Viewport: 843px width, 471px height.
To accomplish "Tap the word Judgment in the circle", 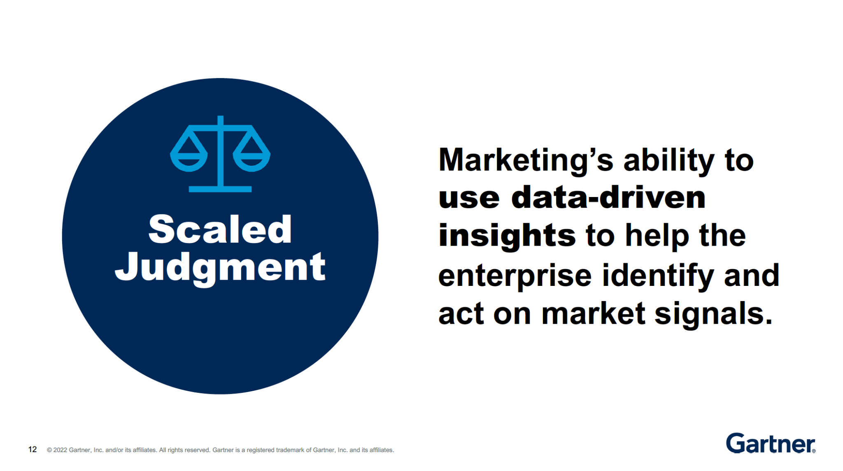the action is (x=220, y=267).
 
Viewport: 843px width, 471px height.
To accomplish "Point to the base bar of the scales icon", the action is (x=220, y=189).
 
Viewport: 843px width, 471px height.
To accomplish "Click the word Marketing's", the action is (x=526, y=160).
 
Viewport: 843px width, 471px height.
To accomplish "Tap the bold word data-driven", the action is (x=608, y=197).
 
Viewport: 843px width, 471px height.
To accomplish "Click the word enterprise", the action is (x=515, y=276).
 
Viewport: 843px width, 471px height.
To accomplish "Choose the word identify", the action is (x=658, y=276).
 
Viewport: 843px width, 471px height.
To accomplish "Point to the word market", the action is (x=593, y=314).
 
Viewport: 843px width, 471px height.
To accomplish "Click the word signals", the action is (x=714, y=314).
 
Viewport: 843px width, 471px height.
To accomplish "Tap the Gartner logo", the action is (x=771, y=443).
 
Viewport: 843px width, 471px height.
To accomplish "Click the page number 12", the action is (x=33, y=450).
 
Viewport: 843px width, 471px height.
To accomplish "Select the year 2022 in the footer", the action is (x=60, y=450).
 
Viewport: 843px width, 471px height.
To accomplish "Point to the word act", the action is (x=461, y=314).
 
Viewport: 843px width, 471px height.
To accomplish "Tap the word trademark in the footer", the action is (x=290, y=450).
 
